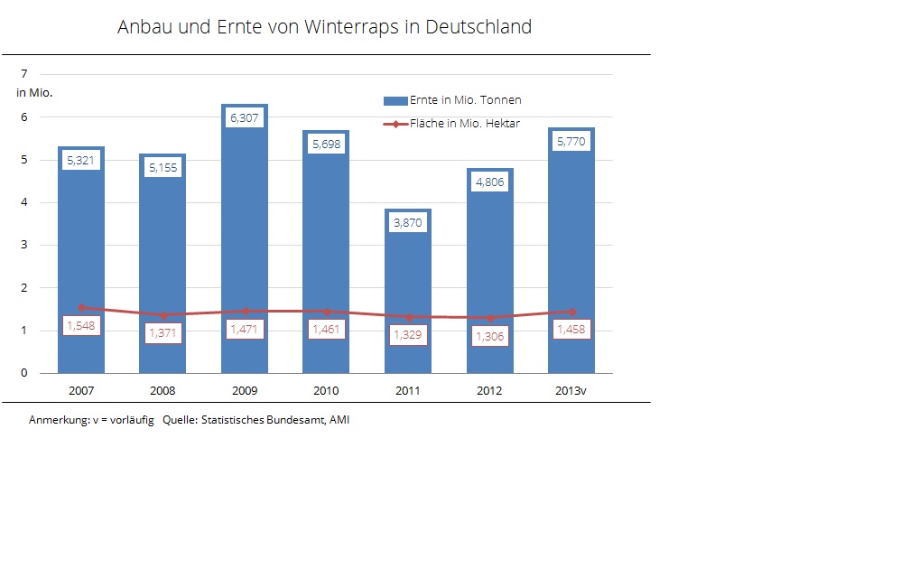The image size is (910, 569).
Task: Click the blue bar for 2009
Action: pos(244,226)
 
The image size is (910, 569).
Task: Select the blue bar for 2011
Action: pos(408,271)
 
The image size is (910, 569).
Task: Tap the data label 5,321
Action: pos(80,161)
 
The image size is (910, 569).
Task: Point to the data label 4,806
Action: pos(489,182)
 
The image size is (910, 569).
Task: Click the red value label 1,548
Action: pos(80,327)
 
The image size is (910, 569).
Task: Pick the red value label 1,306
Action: pos(489,336)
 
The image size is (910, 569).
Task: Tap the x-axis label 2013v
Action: pos(571,391)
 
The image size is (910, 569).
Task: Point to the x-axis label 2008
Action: pos(162,391)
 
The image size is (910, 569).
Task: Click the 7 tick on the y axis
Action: pos(24,74)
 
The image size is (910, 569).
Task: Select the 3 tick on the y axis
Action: pos(24,245)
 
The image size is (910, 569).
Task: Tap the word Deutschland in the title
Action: pos(478,27)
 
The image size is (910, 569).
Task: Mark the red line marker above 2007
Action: pos(81,307)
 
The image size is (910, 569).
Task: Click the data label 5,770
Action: pos(571,142)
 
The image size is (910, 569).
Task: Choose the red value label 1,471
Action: pos(244,330)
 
